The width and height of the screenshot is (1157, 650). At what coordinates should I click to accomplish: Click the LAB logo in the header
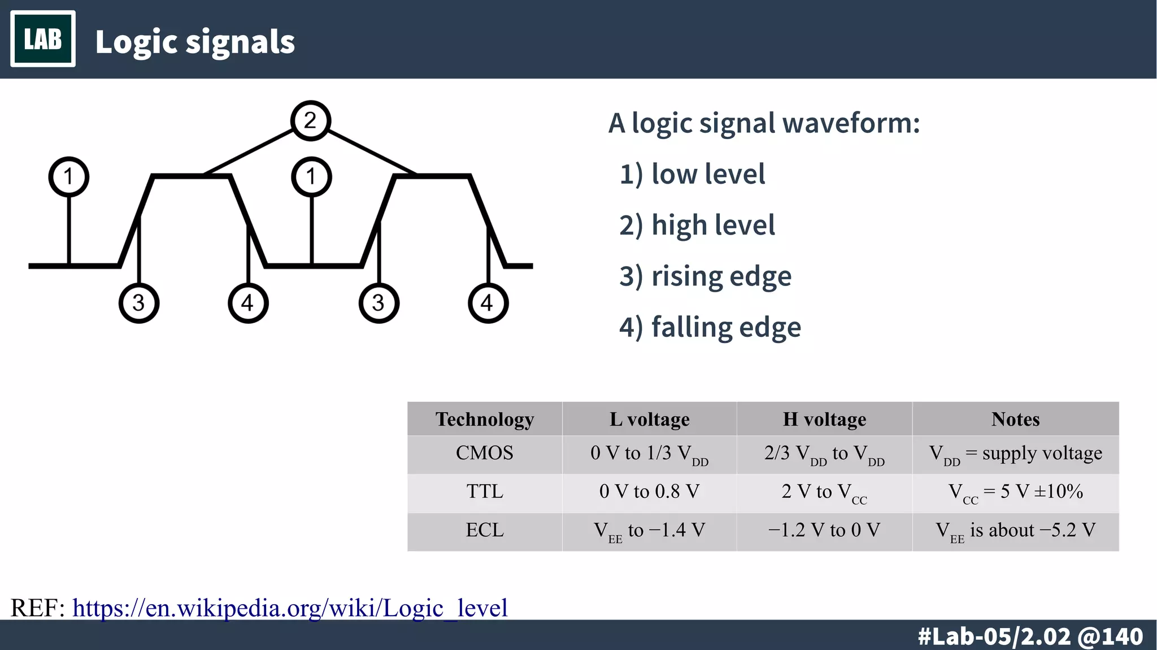pyautogui.click(x=43, y=39)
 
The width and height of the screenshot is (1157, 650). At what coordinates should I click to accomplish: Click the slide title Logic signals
pyautogui.click(x=195, y=42)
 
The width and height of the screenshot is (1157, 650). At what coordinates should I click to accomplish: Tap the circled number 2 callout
pyautogui.click(x=310, y=120)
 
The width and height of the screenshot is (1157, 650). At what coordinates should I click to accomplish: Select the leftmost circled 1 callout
pyautogui.click(x=68, y=176)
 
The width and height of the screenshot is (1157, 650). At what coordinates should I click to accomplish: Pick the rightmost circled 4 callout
pyautogui.click(x=488, y=304)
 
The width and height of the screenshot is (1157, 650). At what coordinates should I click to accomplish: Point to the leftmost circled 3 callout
pyautogui.click(x=139, y=304)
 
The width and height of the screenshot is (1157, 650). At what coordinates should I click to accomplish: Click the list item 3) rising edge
pyautogui.click(x=705, y=276)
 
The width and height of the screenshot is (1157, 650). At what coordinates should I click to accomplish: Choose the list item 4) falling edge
pyautogui.click(x=710, y=327)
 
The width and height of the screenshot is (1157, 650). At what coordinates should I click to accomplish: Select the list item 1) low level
pyautogui.click(x=692, y=174)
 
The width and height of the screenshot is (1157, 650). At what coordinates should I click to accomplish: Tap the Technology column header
pyautogui.click(x=485, y=419)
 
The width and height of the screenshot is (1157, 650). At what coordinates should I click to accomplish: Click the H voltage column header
pyautogui.click(x=824, y=419)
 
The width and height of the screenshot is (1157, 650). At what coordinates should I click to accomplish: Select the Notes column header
pyautogui.click(x=1015, y=419)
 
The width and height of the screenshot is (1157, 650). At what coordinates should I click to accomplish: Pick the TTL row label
pyautogui.click(x=485, y=491)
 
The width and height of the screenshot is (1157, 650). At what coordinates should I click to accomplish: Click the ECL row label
pyautogui.click(x=485, y=530)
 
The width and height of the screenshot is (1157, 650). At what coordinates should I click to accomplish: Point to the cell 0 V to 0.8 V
pyautogui.click(x=649, y=491)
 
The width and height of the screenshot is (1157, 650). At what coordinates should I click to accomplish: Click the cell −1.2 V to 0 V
pyautogui.click(x=824, y=530)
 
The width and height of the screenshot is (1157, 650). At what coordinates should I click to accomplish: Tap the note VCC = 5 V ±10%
pyautogui.click(x=1015, y=492)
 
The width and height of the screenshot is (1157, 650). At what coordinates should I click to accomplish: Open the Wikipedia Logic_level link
pyautogui.click(x=290, y=608)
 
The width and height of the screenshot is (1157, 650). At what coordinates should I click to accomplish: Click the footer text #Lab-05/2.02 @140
pyautogui.click(x=1030, y=636)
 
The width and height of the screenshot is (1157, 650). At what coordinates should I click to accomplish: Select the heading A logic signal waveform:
pyautogui.click(x=764, y=123)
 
